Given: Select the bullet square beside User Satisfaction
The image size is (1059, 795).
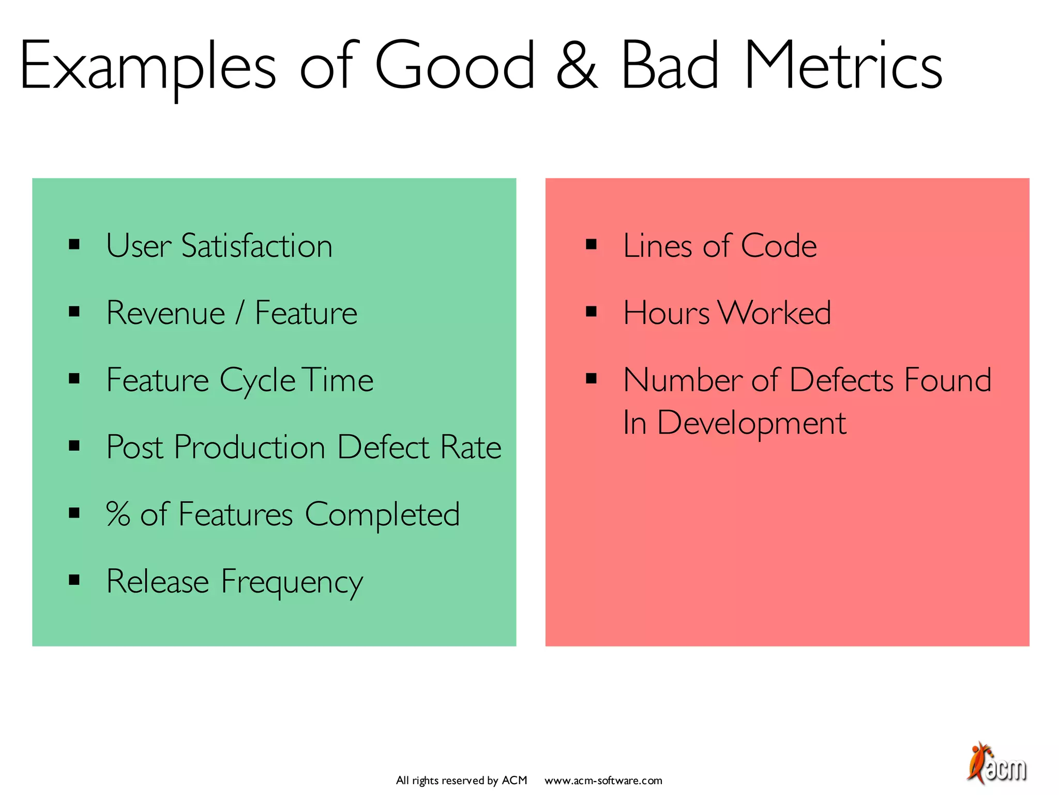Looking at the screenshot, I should coord(74,244).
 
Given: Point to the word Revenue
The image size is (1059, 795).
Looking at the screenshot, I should coord(165,313).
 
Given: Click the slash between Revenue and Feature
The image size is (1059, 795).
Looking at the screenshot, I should coord(239,313).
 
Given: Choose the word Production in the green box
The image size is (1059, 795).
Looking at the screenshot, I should coord(249,447).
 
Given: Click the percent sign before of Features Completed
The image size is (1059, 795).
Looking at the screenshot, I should coord(118,514).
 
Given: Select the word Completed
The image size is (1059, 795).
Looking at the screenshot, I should coord(382,514).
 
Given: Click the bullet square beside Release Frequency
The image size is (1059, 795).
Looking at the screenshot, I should coord(74,580).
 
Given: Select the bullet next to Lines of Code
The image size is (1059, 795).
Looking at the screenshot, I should coord(591,244).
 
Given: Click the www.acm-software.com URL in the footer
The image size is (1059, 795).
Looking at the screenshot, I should coord(603,781).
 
